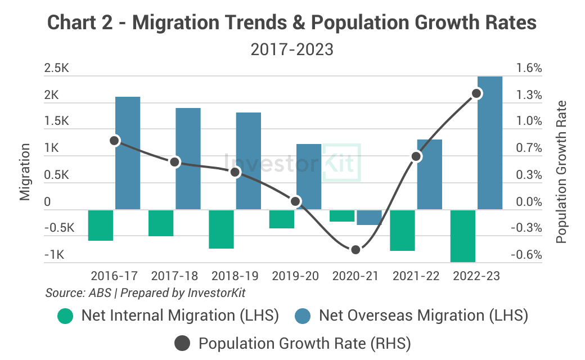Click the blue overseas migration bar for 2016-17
click(x=128, y=153)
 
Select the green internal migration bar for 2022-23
click(x=463, y=236)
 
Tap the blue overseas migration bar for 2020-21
click(x=369, y=217)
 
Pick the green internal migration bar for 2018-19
click(x=222, y=229)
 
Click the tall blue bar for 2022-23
click(x=489, y=143)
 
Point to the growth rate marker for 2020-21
click(x=355, y=250)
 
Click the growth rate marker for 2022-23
click(x=476, y=93)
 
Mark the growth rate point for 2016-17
click(x=115, y=141)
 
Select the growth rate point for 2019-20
click(x=296, y=201)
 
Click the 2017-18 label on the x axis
click(x=174, y=276)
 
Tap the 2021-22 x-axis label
click(x=416, y=276)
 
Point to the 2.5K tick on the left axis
click(x=56, y=69)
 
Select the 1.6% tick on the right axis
click(x=529, y=69)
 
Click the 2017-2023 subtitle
click(x=292, y=50)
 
